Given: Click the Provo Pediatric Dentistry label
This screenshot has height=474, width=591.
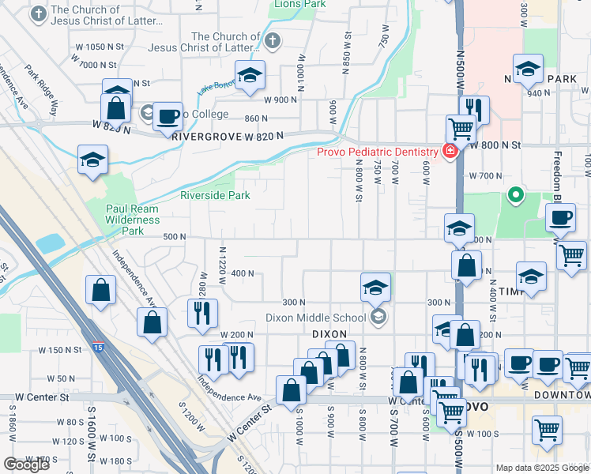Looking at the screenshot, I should (378, 152).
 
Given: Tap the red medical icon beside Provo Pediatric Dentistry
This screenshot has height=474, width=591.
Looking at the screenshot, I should (450, 151).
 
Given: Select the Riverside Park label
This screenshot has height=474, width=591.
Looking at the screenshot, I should (215, 195).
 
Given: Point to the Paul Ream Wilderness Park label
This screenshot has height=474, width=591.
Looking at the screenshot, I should (133, 220).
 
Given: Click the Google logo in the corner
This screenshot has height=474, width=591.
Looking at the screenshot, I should (26, 465).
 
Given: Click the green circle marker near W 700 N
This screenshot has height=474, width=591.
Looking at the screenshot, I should (516, 194).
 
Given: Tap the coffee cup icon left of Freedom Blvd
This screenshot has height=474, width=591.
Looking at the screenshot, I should (560, 216).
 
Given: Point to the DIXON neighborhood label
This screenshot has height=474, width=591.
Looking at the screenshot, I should (329, 334).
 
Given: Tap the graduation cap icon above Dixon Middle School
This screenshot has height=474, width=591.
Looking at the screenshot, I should (376, 286).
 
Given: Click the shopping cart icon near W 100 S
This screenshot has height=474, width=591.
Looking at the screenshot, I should (548, 430).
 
